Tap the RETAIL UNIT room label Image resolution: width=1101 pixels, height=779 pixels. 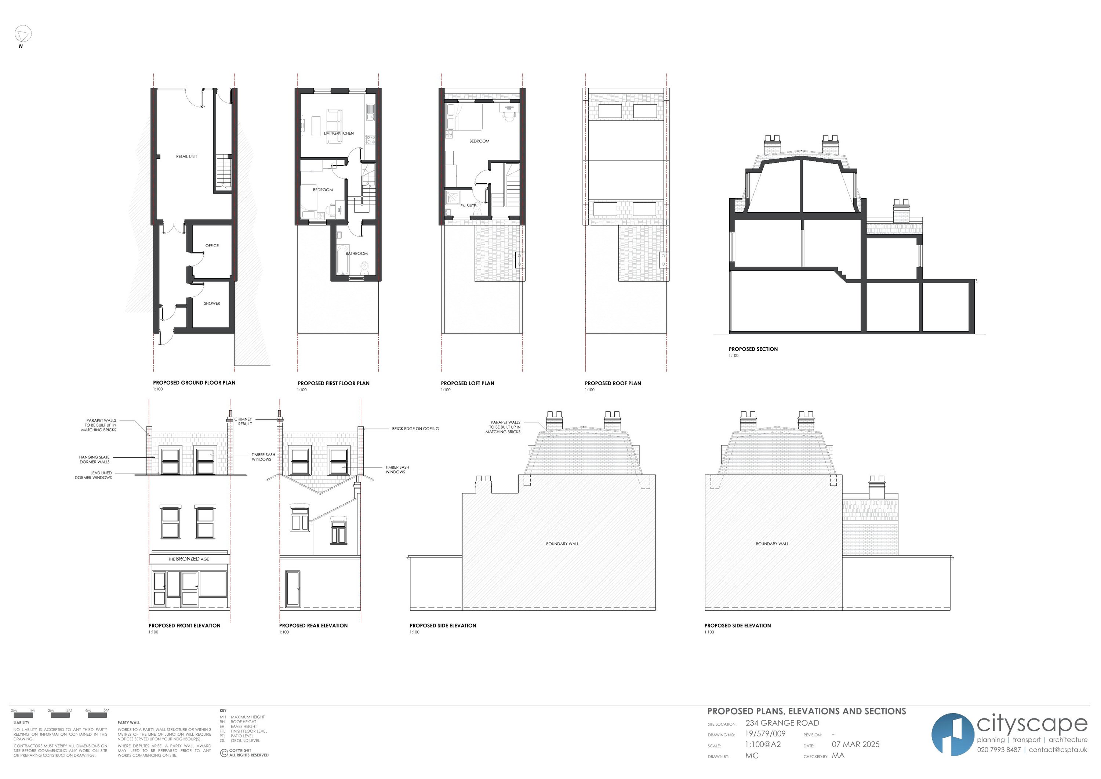[186, 156]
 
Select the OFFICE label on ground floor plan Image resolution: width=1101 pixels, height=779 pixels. [212, 246]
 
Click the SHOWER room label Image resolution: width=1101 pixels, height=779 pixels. [212, 303]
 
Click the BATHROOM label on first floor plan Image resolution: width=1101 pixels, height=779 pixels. [357, 253]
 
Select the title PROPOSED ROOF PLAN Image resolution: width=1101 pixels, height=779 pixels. [613, 383]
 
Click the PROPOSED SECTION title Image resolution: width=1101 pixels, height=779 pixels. [753, 349]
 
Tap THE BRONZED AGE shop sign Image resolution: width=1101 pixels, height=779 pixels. [189, 559]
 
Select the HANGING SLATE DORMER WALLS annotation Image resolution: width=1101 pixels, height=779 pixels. [94, 459]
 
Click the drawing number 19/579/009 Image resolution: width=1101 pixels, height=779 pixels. [765, 734]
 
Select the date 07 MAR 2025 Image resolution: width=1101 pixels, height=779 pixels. [855, 744]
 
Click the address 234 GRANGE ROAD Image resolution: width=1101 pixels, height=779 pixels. [782, 723]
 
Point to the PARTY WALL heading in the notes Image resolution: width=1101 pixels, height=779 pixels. [128, 722]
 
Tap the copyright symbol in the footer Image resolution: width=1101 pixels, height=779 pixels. [224, 753]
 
